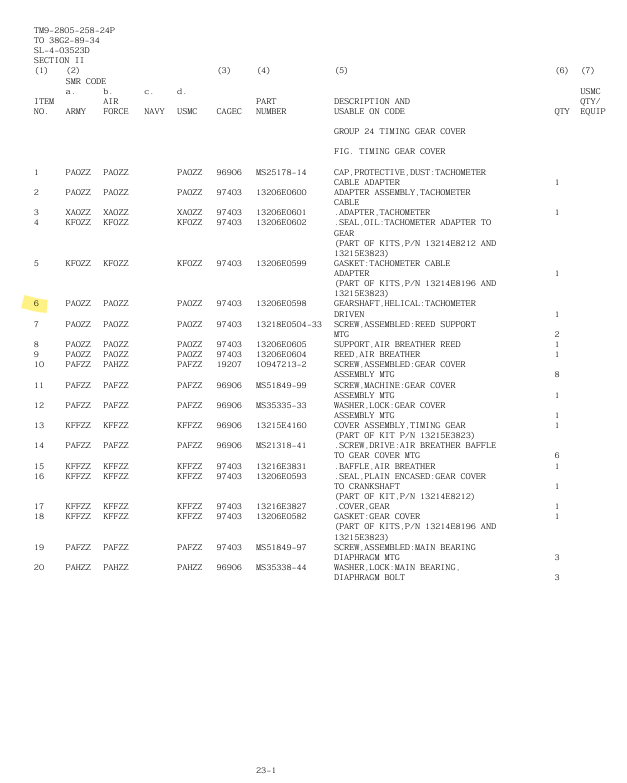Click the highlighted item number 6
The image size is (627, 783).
[37, 303]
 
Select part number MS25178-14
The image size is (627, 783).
[281, 172]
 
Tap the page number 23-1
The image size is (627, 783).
[265, 770]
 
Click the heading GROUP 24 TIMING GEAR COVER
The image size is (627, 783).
[399, 131]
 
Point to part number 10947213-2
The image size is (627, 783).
[281, 364]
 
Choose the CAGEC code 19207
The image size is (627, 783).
[229, 364]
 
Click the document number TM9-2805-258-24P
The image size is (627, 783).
[74, 30]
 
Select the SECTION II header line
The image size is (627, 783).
[59, 60]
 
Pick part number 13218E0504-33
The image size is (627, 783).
[289, 324]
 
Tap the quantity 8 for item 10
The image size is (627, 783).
[556, 374]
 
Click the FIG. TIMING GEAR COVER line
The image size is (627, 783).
[389, 152]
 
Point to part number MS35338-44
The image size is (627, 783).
[281, 567]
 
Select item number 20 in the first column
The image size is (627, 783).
[40, 567]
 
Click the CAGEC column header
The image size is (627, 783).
[229, 111]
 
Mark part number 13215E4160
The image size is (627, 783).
[281, 425]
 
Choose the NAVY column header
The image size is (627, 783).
[154, 111]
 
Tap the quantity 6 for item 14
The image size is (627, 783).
[556, 455]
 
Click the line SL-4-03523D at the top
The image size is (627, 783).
[61, 50]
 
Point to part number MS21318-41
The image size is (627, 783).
[281, 445]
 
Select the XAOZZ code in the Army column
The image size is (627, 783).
[78, 212]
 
